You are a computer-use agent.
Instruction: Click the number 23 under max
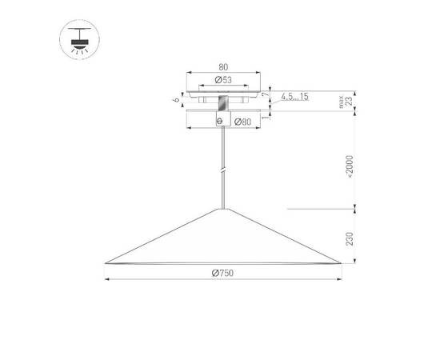pos(348,102)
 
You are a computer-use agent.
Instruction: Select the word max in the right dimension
pos(341,102)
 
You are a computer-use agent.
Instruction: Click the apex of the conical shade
pos(222,209)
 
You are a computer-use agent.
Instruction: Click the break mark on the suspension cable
pos(222,170)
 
